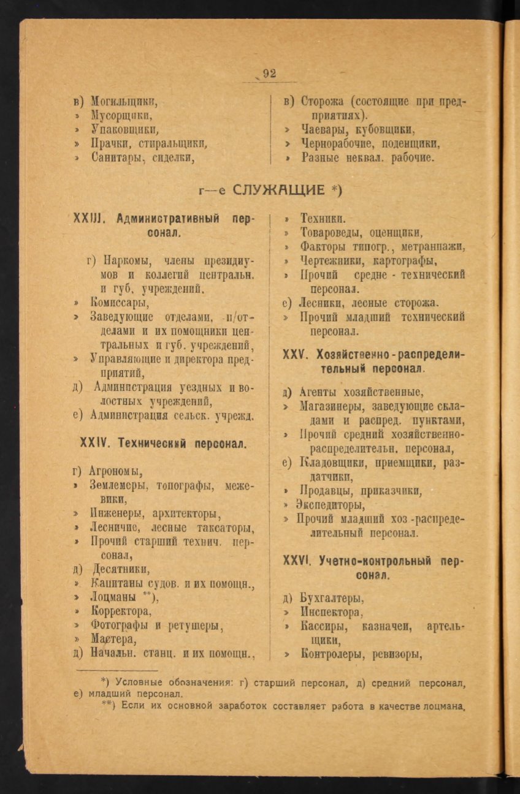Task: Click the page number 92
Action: (270, 74)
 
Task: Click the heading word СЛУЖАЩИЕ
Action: (280, 190)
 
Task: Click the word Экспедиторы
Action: (331, 505)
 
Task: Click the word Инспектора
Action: (329, 612)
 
